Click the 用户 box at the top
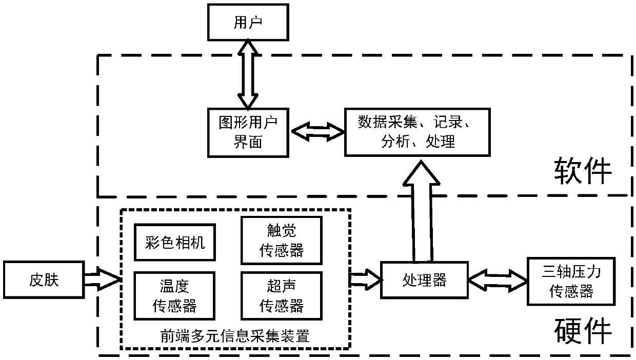point(248,22)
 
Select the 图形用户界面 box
point(248,133)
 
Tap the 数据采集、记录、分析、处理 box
point(418,132)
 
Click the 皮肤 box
point(44,279)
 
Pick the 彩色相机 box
point(175,242)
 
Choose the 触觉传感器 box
point(282,241)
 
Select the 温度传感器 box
point(174,295)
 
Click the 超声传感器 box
point(282,295)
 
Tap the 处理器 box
point(424,280)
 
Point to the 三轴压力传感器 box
point(571,281)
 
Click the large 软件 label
point(583,171)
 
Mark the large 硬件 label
point(583,330)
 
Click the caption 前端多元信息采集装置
point(235,336)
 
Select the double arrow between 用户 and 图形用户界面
point(248,74)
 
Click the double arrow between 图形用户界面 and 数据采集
point(318,132)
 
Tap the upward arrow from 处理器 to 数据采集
point(422,211)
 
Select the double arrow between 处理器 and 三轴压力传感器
point(498,281)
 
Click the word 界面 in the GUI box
point(248,142)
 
